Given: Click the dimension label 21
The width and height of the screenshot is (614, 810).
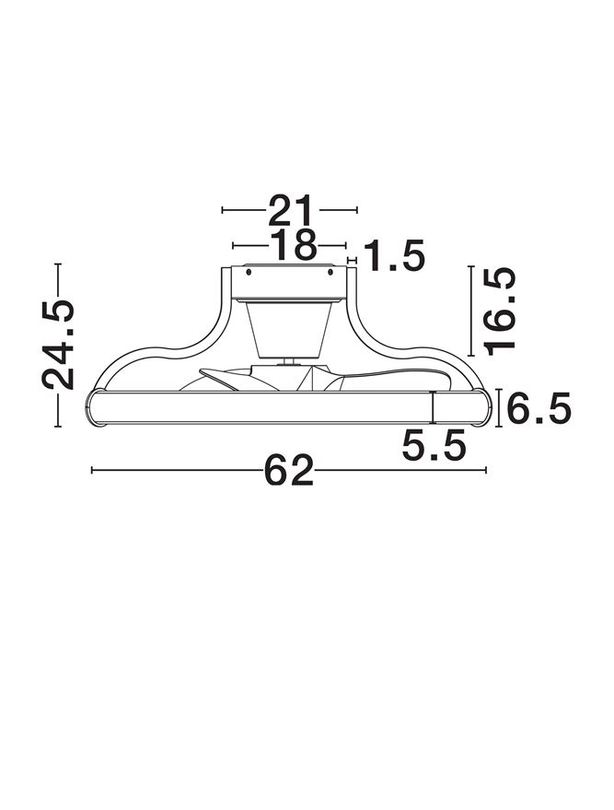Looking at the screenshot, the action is pyautogui.click(x=291, y=210).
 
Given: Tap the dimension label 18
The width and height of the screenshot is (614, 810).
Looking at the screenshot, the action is pyautogui.click(x=293, y=245).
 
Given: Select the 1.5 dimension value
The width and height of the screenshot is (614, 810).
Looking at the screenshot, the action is pyautogui.click(x=395, y=255).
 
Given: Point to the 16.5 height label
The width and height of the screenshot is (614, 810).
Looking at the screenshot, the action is pyautogui.click(x=500, y=311).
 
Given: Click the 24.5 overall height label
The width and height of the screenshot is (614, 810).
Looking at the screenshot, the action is pyautogui.click(x=58, y=344).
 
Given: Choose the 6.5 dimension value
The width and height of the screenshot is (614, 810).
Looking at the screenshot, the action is pyautogui.click(x=539, y=407).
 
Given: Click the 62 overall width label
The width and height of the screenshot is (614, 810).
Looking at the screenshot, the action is pyautogui.click(x=289, y=470).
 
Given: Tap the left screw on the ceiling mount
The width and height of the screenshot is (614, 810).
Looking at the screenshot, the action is pyautogui.click(x=249, y=272).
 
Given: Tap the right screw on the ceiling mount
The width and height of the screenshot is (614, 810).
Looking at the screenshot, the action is pyautogui.click(x=330, y=271).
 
